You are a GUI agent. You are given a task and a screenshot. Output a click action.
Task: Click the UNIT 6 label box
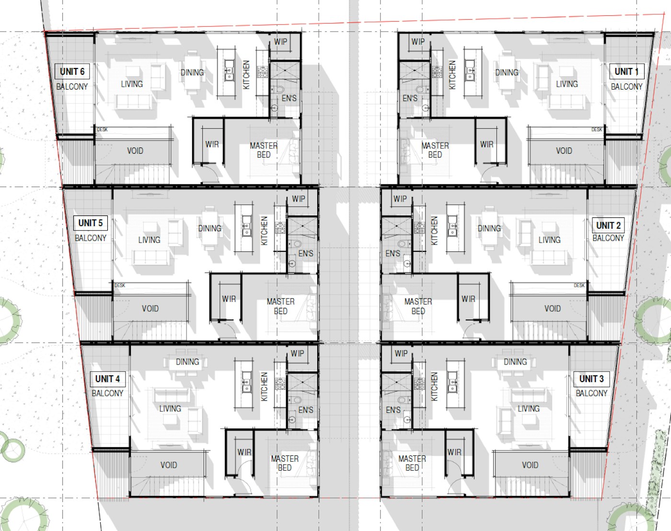(x=72, y=72)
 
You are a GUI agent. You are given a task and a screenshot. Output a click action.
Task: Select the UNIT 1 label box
(x=626, y=72)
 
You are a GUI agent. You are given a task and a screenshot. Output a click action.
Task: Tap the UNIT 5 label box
(x=90, y=223)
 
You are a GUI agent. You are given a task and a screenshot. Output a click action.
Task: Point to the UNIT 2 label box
(x=608, y=226)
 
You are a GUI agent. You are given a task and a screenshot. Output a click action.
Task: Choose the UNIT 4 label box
(x=107, y=379)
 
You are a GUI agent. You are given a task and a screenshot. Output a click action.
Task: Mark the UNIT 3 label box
(x=591, y=379)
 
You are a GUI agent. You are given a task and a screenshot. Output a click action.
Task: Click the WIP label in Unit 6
(x=280, y=42)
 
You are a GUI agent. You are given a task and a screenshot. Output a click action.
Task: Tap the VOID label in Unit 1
(x=564, y=151)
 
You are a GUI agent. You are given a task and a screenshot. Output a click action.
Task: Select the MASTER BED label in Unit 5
(x=280, y=306)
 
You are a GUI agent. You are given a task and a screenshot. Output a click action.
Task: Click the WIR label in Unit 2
(x=468, y=299)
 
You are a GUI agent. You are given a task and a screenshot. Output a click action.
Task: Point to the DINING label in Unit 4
(x=187, y=362)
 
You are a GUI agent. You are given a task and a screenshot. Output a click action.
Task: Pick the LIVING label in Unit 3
(x=528, y=408)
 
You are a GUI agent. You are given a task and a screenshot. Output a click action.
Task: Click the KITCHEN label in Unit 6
(x=246, y=75)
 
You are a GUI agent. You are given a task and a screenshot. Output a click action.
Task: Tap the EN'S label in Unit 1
(x=410, y=98)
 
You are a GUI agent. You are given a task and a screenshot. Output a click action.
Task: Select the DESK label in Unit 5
(x=120, y=285)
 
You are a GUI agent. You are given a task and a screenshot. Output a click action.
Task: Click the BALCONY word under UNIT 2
(x=608, y=238)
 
